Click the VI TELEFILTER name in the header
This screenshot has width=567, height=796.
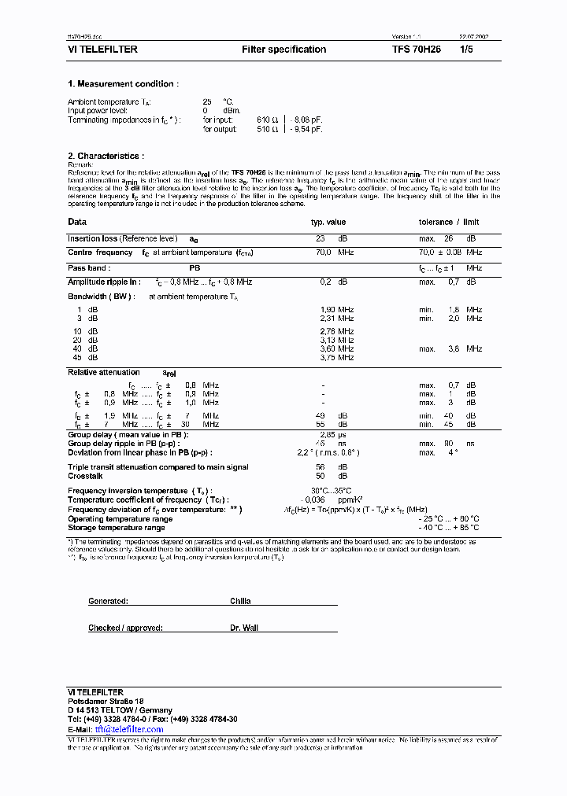coord(103,50)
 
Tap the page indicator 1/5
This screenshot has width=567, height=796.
coord(467,50)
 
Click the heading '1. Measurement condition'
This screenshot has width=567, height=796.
coord(123,84)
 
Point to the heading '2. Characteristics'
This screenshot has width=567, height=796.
coord(106,157)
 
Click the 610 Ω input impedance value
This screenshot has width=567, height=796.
coord(269,120)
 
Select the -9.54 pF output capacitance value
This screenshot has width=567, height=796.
coord(306,129)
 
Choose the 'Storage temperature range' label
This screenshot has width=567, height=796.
coord(117,528)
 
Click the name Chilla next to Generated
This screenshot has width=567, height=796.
coord(240,601)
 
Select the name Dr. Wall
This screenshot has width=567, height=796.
coord(244,628)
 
